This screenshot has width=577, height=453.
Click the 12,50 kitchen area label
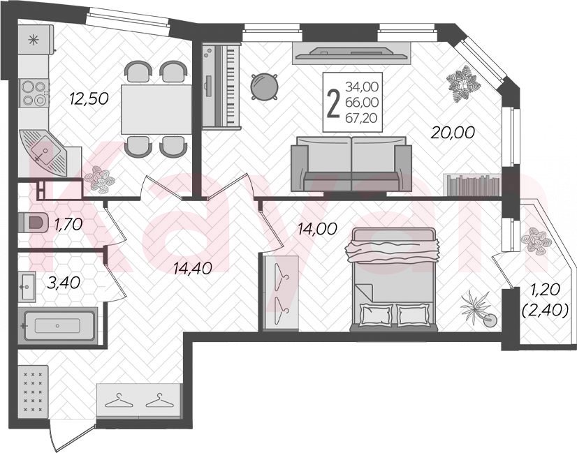89,98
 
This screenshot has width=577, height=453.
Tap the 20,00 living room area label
453,133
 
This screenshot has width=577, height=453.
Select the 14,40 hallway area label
193,269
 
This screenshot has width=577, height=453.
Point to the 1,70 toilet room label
68,224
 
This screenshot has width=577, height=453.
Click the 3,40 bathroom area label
64,283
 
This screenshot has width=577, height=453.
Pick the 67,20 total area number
361,118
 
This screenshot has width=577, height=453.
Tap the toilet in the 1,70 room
33,223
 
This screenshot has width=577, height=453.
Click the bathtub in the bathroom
58,326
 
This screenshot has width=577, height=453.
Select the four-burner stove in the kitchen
35,94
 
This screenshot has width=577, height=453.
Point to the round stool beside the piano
264,87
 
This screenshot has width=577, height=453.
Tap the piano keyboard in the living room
221,86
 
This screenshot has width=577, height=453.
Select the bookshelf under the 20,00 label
473,185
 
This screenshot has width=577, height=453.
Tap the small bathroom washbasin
27,287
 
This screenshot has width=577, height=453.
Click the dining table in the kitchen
156,109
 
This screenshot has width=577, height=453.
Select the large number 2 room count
333,104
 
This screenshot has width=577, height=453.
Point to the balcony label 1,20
544,290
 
